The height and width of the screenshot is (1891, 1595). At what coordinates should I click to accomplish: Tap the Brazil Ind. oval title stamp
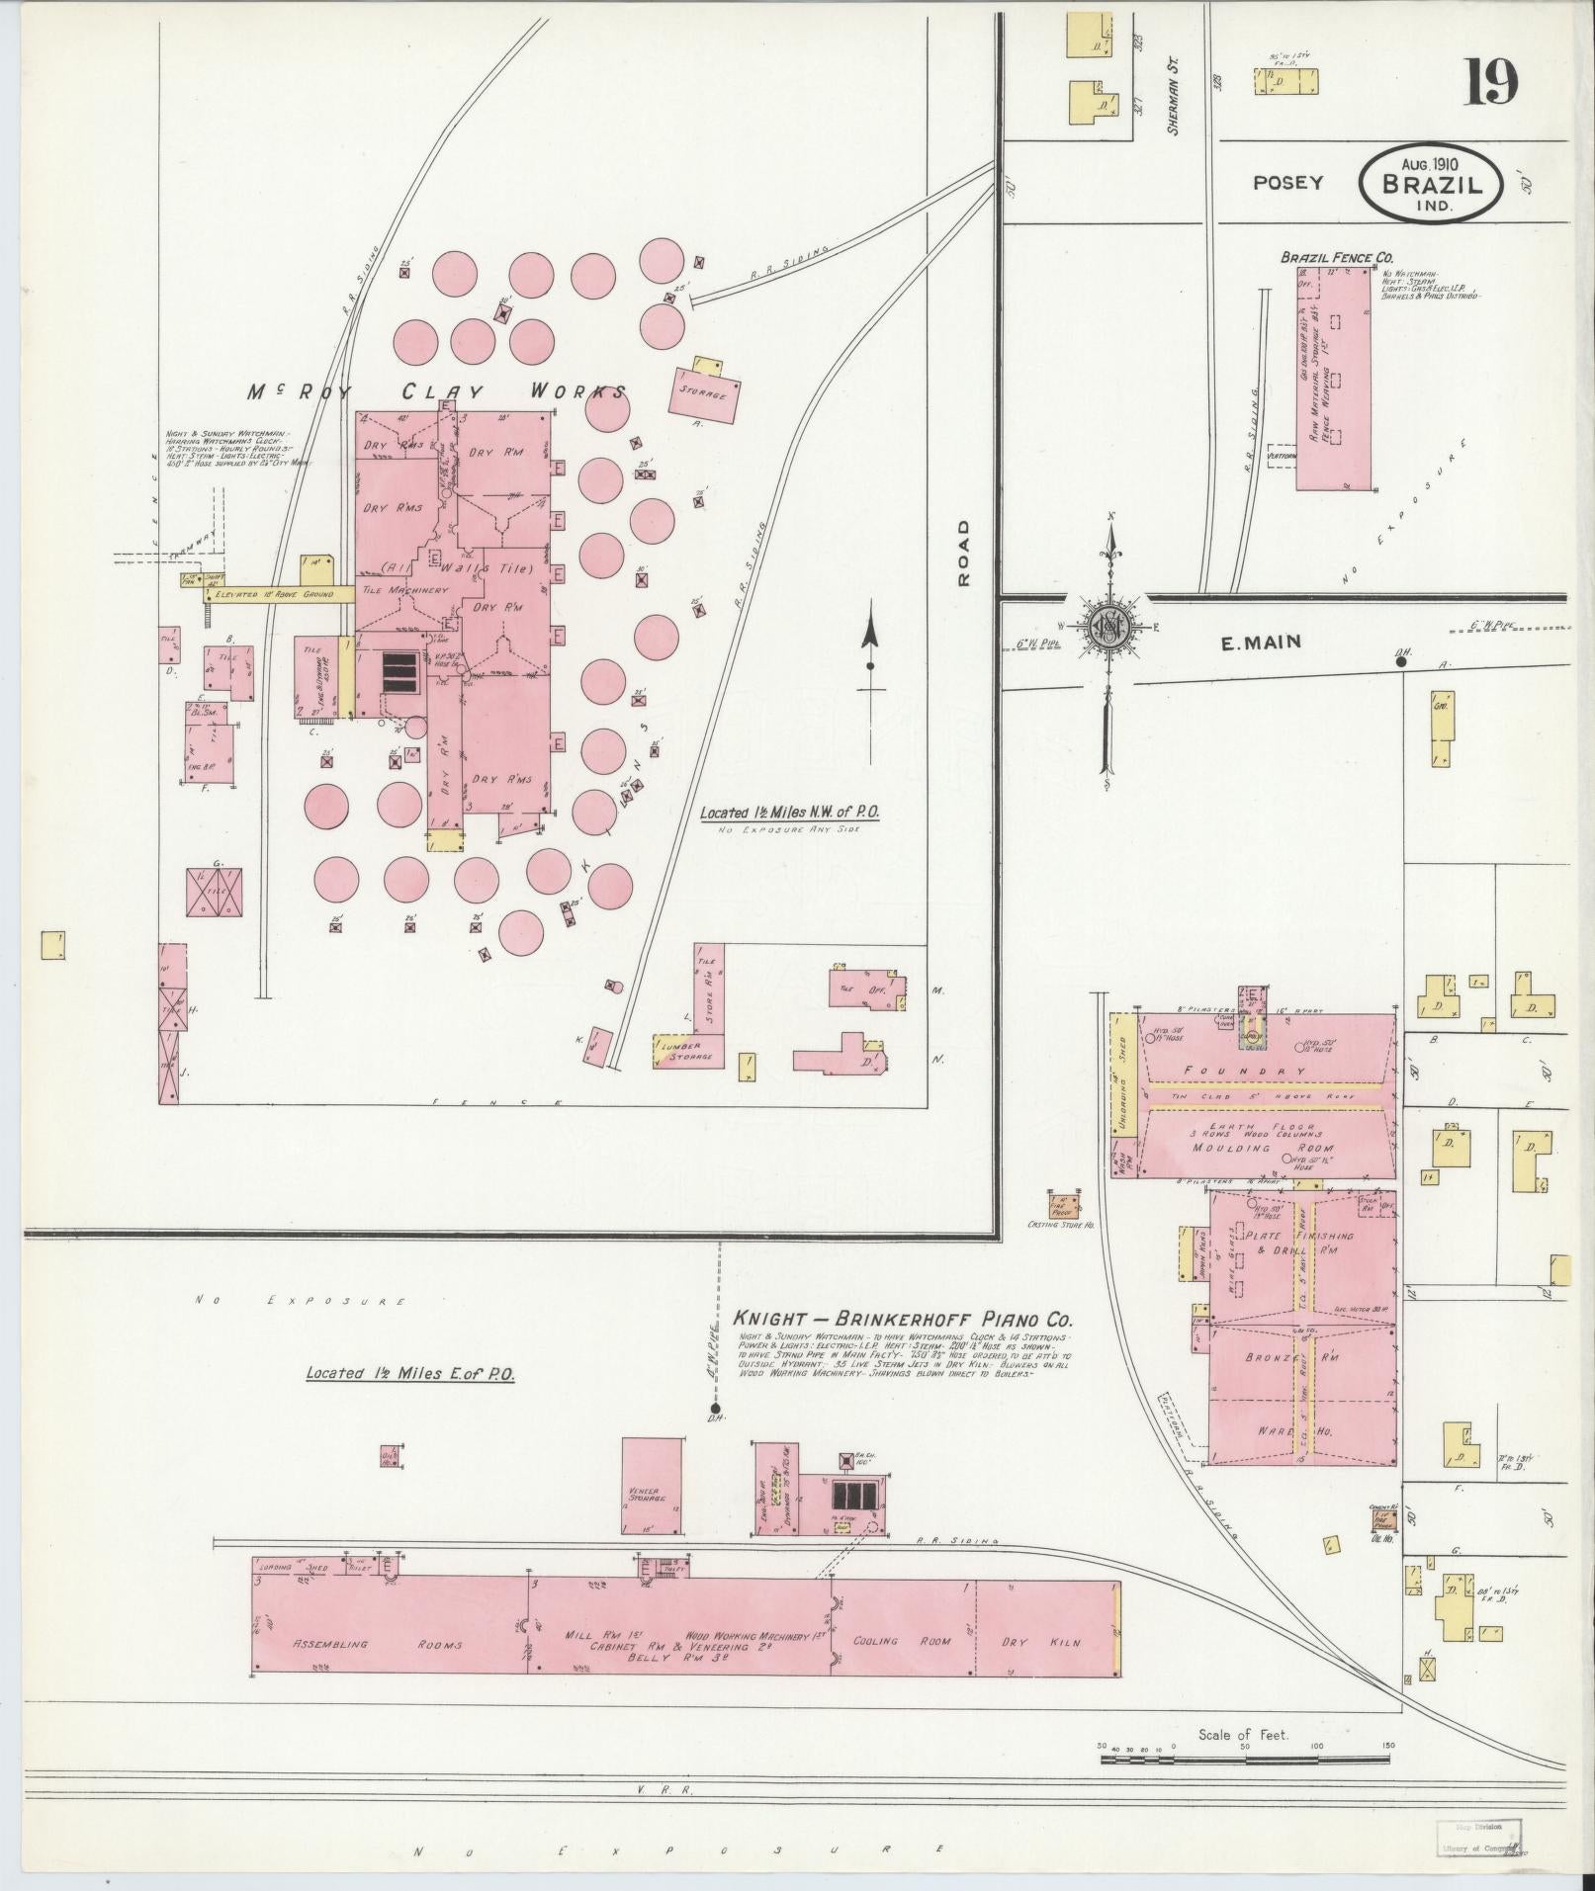point(1431,185)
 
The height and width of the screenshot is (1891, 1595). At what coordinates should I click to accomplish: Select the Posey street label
point(1287,183)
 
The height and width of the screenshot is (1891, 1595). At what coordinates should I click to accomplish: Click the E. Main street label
point(1261,643)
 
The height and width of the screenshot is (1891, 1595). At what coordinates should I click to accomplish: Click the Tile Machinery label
point(405,590)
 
